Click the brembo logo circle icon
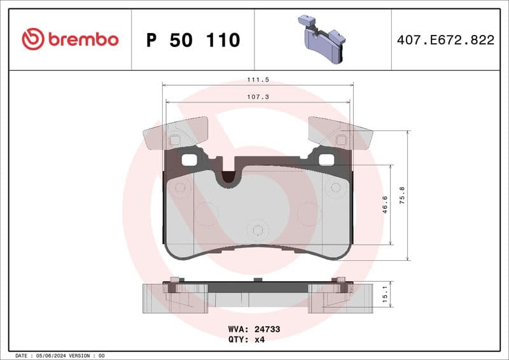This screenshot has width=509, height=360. (32, 39)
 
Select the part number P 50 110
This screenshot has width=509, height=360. (193, 40)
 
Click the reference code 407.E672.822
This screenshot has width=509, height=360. (445, 40)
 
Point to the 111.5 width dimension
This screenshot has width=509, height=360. (258, 80)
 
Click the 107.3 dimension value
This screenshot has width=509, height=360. (258, 97)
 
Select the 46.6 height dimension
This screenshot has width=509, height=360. (385, 204)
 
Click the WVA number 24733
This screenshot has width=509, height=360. (268, 329)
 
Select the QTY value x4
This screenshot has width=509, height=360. (259, 339)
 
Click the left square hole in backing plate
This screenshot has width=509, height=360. (189, 160)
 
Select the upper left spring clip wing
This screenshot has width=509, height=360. (175, 133)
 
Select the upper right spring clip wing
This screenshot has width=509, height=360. (340, 133)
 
